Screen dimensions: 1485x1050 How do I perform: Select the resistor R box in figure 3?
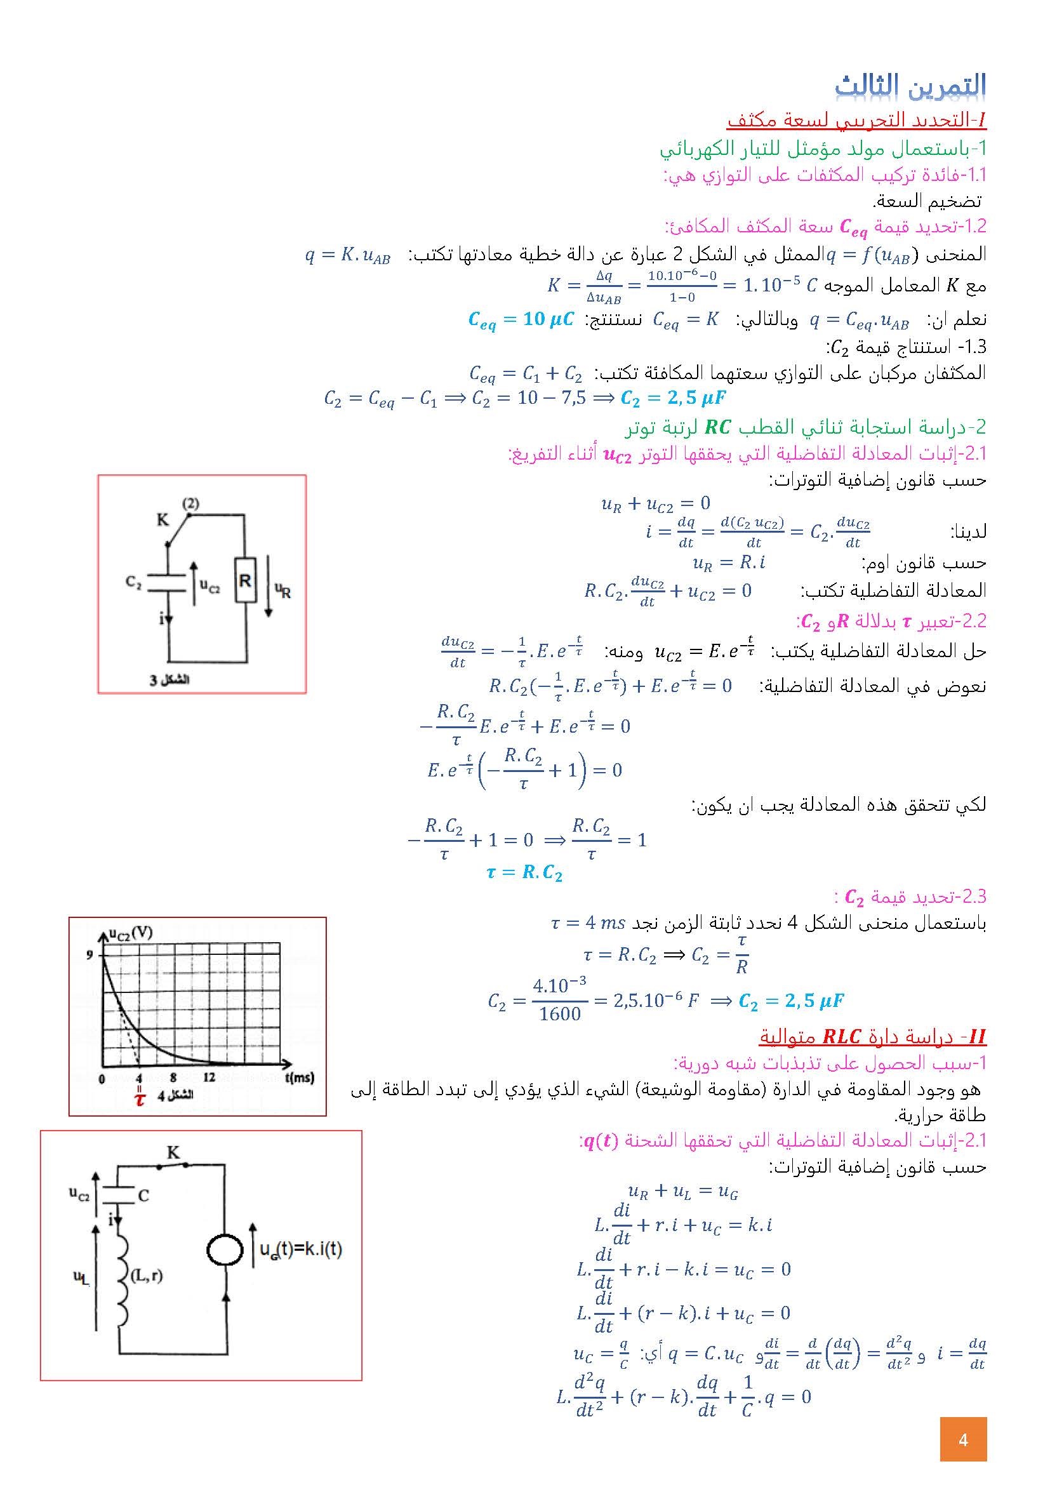[x=244, y=580]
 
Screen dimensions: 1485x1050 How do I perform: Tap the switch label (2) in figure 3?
[x=190, y=503]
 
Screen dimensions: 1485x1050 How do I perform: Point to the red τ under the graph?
[x=140, y=1100]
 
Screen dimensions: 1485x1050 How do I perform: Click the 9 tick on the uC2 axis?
[x=90, y=956]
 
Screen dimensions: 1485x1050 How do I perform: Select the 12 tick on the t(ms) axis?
[x=208, y=1077]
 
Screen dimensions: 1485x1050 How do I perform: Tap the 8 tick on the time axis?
[x=173, y=1077]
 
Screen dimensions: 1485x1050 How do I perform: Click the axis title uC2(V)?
[x=130, y=933]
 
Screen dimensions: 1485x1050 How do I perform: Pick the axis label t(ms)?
[x=300, y=1077]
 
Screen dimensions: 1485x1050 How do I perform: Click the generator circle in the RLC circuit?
[x=224, y=1249]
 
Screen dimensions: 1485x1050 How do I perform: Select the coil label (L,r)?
[x=146, y=1275]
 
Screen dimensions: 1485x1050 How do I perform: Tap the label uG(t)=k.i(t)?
[x=301, y=1249]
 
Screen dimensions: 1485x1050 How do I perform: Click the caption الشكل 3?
[x=169, y=680]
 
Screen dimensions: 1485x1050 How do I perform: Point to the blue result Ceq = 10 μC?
[x=521, y=319]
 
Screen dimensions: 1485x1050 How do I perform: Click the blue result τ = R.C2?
[x=524, y=872]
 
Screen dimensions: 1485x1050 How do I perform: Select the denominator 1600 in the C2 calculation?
[x=559, y=1013]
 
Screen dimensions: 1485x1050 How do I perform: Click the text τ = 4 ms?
[x=587, y=923]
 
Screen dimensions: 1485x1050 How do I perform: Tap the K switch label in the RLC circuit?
[x=173, y=1152]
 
